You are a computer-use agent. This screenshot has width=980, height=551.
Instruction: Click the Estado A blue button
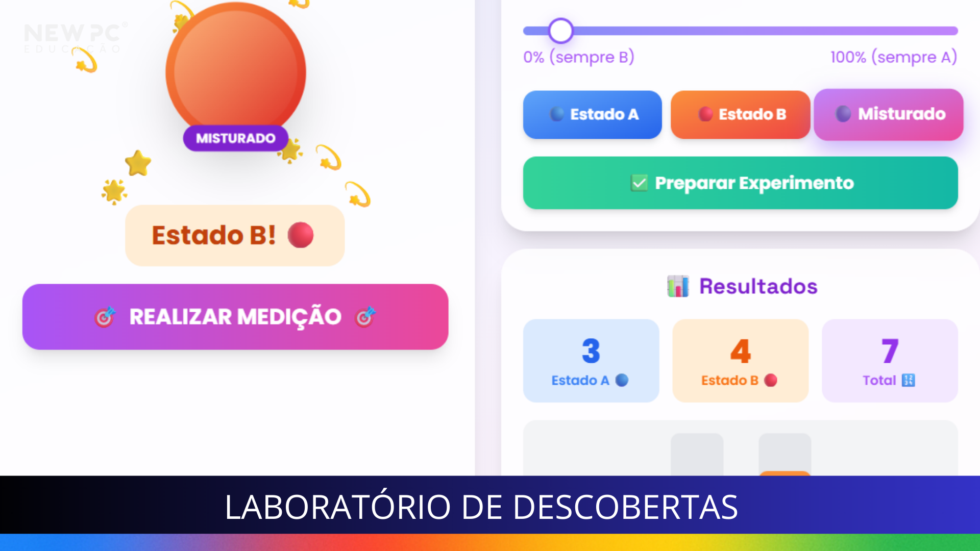point(592,114)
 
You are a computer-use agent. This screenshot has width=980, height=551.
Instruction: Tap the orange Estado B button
point(740,114)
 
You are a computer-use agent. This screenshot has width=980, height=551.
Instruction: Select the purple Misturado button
point(889,114)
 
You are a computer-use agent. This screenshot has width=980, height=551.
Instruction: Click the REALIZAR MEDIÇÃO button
point(235,317)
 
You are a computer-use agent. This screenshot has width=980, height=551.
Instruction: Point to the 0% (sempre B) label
point(579,57)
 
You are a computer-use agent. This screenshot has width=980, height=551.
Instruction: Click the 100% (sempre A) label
point(894,57)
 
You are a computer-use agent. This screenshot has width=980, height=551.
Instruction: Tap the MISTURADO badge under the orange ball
point(236,138)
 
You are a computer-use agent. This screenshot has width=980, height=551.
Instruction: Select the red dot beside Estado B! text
point(301,235)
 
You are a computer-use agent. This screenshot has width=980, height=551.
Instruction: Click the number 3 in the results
point(591,351)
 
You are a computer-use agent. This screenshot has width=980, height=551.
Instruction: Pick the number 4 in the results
point(741,351)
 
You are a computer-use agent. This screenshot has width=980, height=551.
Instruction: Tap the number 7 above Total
point(890,351)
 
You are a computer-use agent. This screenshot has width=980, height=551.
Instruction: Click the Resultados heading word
point(758,286)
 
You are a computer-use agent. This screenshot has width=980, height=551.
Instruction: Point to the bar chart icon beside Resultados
point(678,286)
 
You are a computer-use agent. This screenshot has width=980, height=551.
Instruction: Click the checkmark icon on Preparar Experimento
point(639,183)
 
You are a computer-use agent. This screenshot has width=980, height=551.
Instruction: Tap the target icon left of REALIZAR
point(105,317)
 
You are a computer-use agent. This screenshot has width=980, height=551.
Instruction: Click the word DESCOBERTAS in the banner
point(625,507)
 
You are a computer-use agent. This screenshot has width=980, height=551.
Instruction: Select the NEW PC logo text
point(73,34)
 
